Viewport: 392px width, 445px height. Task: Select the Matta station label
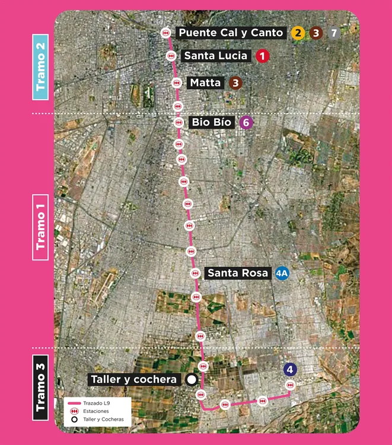coord(205,83)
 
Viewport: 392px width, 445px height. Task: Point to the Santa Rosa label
coord(237,274)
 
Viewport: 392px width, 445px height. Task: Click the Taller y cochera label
coord(133,380)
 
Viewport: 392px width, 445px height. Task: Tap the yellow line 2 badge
coord(297,33)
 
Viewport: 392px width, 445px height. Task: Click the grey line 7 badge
coord(334,33)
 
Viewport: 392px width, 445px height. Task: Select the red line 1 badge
coord(262,56)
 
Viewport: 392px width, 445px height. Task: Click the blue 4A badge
coord(282,274)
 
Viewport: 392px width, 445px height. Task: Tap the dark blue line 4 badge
coord(289,370)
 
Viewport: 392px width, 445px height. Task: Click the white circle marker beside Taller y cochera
coord(191,380)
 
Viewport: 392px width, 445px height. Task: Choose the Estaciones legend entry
coord(95,411)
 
